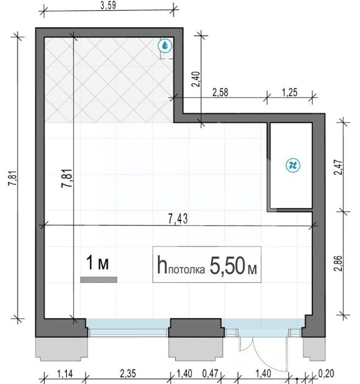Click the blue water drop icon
click(x=165, y=46)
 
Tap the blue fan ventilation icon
click(x=293, y=165)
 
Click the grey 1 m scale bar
click(x=98, y=280)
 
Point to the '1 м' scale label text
click(x=97, y=263)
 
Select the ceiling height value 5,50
click(x=227, y=266)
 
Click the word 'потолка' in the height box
click(x=187, y=270)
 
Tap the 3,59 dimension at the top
click(x=108, y=5)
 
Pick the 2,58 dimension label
click(x=220, y=93)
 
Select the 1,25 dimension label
click(x=290, y=93)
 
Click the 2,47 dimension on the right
click(x=338, y=167)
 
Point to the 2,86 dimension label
click(x=338, y=263)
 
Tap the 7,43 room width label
click(x=178, y=219)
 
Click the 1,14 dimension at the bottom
click(x=65, y=374)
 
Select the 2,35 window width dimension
click(x=128, y=374)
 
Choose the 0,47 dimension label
click(x=210, y=374)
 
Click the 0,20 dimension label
click(x=326, y=374)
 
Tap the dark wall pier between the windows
click(x=196, y=328)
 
